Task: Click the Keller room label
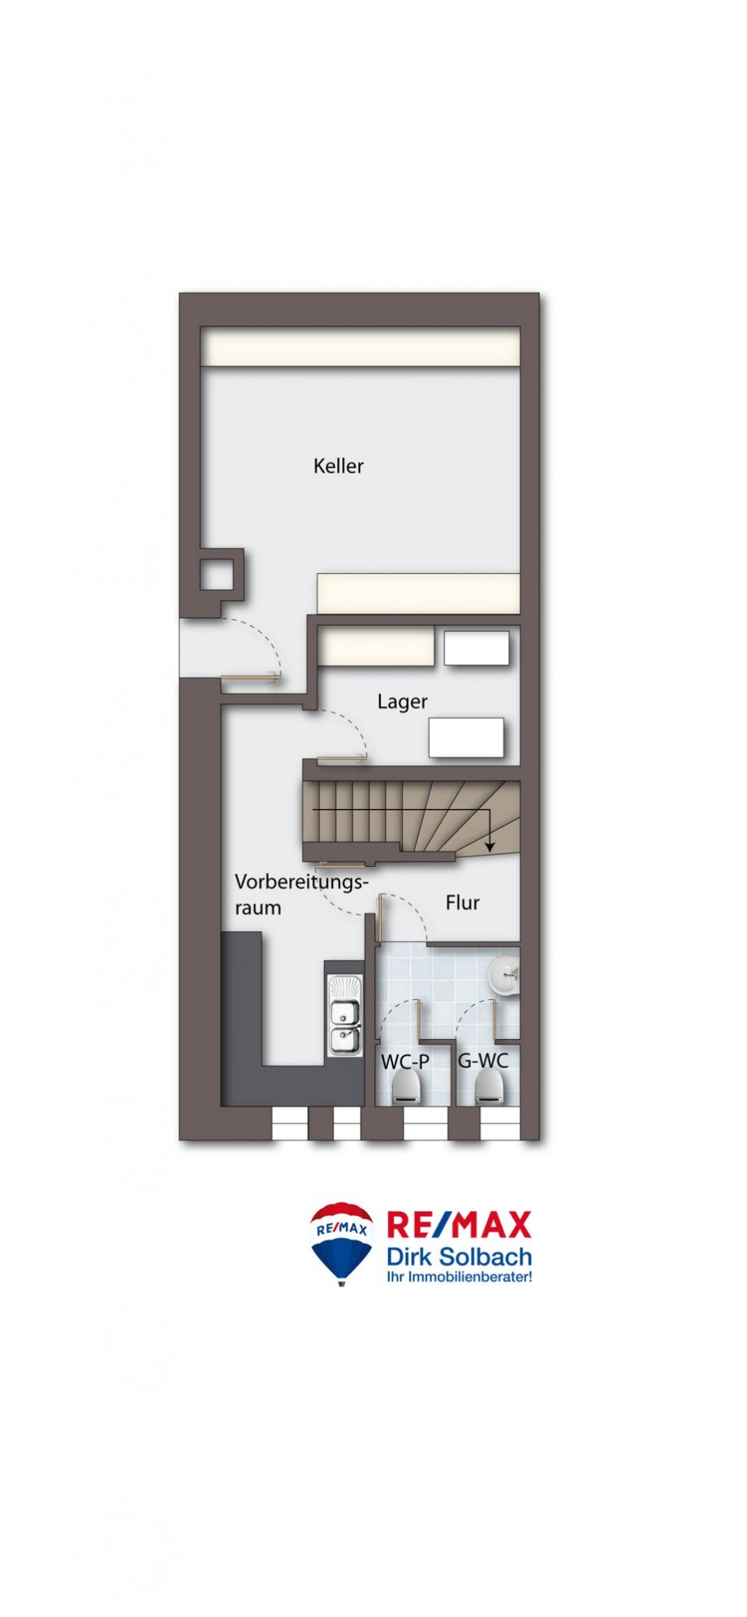(x=339, y=466)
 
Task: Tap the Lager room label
(x=402, y=701)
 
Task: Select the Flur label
(x=463, y=903)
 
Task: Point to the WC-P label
(x=405, y=1061)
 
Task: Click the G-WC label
(x=483, y=1061)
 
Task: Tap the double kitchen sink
(x=344, y=1015)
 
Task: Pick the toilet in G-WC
(x=489, y=1086)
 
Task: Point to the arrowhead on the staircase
(x=490, y=845)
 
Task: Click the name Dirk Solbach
(x=459, y=1257)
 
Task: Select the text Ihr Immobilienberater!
(x=460, y=1277)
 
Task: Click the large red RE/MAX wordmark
(x=459, y=1224)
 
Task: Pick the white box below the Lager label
(x=467, y=738)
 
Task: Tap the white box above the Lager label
(x=477, y=648)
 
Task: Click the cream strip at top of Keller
(x=360, y=347)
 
